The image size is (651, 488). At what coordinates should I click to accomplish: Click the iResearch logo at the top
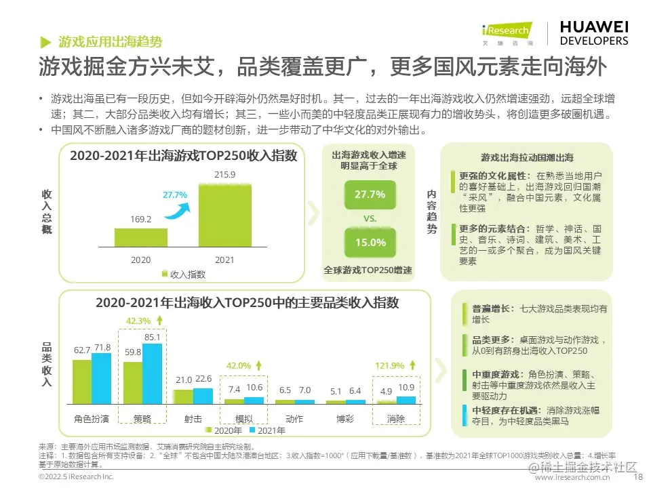[x=507, y=33]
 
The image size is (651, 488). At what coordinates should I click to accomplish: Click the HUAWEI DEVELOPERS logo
[x=593, y=33]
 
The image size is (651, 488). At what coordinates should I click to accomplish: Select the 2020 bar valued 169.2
[x=140, y=237]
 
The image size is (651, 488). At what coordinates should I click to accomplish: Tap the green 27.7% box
[x=370, y=195]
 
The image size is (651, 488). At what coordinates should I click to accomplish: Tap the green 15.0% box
[x=370, y=242]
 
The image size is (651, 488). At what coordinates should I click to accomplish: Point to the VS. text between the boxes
[x=370, y=219]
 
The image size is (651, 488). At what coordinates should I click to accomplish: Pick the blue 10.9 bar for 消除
[x=406, y=399]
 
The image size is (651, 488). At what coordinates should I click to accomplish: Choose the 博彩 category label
[x=345, y=419]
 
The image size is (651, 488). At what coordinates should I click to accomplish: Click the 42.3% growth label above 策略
[x=139, y=321]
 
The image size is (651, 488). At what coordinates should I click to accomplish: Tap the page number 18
[x=637, y=477]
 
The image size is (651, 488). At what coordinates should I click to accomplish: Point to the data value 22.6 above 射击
[x=203, y=378]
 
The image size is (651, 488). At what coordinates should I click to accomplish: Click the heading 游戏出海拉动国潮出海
[x=526, y=157]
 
